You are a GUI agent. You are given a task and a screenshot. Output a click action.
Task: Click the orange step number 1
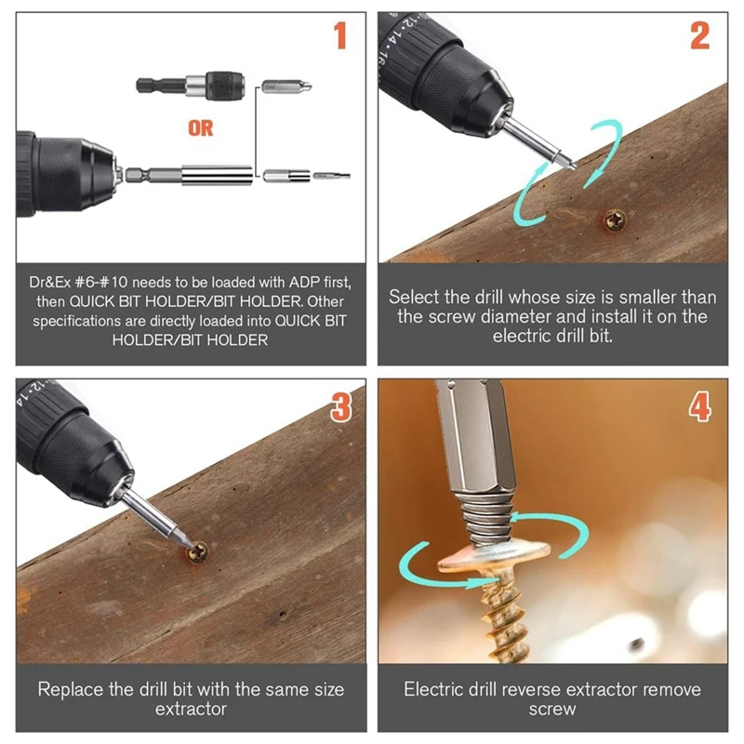[340, 35]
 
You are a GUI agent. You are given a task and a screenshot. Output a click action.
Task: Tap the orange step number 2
[700, 35]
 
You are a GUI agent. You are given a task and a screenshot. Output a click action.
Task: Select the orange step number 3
[341, 407]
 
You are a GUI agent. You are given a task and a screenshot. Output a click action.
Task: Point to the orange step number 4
[700, 406]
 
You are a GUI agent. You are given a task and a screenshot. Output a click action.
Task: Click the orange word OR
[200, 128]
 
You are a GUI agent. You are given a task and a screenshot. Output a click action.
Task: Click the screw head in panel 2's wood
[615, 220]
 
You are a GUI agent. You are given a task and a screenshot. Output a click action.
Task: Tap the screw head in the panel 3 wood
[198, 551]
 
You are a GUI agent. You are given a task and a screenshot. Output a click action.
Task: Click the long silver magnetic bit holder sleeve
[217, 176]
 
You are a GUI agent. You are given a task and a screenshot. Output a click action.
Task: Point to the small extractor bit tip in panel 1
[332, 176]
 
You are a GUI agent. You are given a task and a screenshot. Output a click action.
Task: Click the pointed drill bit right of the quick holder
[287, 87]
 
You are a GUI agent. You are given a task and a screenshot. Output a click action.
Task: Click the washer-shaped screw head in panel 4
[494, 557]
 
